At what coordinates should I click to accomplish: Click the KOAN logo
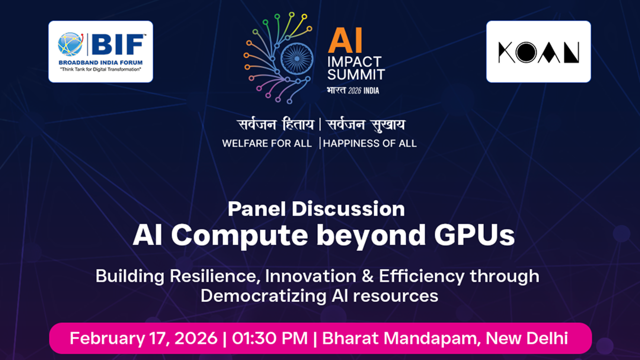tap(538, 52)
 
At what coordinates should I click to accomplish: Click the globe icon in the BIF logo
tap(70, 44)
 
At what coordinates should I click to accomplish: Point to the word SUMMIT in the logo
tap(356, 74)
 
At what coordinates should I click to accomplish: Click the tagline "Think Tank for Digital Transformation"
tap(100, 69)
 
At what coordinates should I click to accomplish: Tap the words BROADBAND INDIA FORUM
tap(100, 62)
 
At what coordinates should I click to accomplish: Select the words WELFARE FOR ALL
tap(267, 143)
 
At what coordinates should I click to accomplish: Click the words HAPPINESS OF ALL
tap(370, 143)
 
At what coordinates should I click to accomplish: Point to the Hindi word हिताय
tap(293, 125)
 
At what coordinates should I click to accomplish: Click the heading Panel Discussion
tap(316, 209)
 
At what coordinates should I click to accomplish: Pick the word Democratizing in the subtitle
tap(255, 295)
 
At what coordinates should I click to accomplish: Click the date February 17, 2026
tap(143, 338)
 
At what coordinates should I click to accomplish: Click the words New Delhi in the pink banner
tap(527, 338)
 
